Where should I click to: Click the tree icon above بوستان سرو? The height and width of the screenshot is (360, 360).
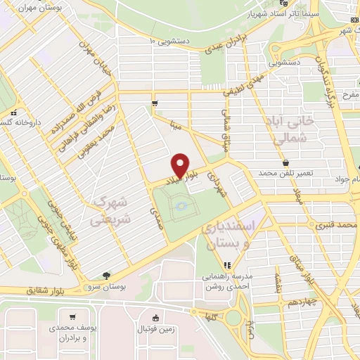[x=106, y=275]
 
